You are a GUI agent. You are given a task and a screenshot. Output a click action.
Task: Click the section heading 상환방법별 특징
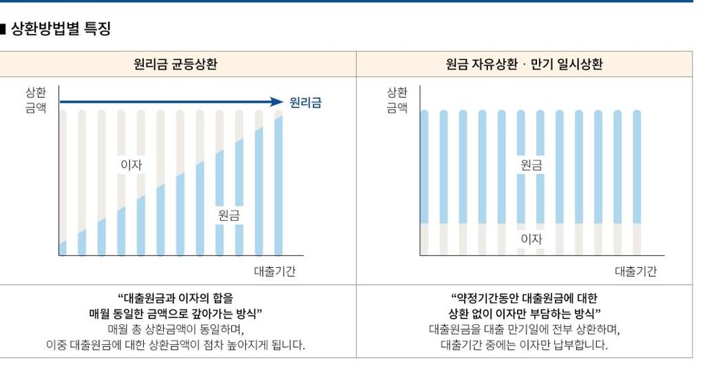pyautogui.click(x=61, y=30)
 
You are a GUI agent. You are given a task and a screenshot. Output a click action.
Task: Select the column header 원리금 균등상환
pyautogui.click(x=180, y=65)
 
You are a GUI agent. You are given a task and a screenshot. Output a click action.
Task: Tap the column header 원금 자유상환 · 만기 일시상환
pyautogui.click(x=524, y=65)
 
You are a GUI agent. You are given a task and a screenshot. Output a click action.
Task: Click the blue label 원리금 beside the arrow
pyautogui.click(x=305, y=103)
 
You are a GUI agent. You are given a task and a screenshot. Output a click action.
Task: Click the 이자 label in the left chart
pyautogui.click(x=131, y=165)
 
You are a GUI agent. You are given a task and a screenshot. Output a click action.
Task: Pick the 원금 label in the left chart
pyautogui.click(x=229, y=215)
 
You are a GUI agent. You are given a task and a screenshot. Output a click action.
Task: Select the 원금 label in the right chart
pyautogui.click(x=531, y=165)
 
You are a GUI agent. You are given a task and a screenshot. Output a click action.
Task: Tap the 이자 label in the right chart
pyautogui.click(x=531, y=239)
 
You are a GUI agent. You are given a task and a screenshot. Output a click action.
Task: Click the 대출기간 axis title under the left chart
pyautogui.click(x=274, y=271)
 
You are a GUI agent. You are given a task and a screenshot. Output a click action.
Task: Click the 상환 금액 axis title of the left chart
pyautogui.click(x=36, y=100)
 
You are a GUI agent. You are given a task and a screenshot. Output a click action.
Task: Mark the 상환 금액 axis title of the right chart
pyautogui.click(x=397, y=100)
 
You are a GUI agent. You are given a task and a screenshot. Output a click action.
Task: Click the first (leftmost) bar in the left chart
pyautogui.click(x=63, y=182)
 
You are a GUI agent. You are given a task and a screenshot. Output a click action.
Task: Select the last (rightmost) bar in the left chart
pyautogui.click(x=278, y=182)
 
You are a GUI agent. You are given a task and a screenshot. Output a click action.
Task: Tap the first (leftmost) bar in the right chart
pyautogui.click(x=425, y=182)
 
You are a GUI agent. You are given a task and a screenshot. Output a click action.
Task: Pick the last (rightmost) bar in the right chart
pyautogui.click(x=637, y=182)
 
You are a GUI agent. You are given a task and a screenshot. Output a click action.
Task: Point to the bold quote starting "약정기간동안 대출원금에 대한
pyautogui.click(x=524, y=306)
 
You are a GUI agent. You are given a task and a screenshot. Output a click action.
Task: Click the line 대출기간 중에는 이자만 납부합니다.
pyautogui.click(x=524, y=344)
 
